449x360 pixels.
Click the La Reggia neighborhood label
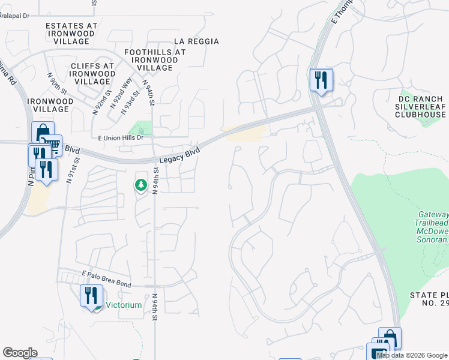[196, 41]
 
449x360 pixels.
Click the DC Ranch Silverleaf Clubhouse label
[421, 106]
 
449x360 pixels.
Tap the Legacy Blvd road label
[179, 155]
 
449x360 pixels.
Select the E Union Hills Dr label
[121, 137]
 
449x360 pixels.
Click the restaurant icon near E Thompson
[321, 79]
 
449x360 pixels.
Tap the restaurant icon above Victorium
[91, 295]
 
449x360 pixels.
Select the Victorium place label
[124, 305]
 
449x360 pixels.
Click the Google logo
[20, 353]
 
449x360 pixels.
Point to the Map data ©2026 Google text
[412, 355]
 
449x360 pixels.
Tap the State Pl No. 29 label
[429, 299]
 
